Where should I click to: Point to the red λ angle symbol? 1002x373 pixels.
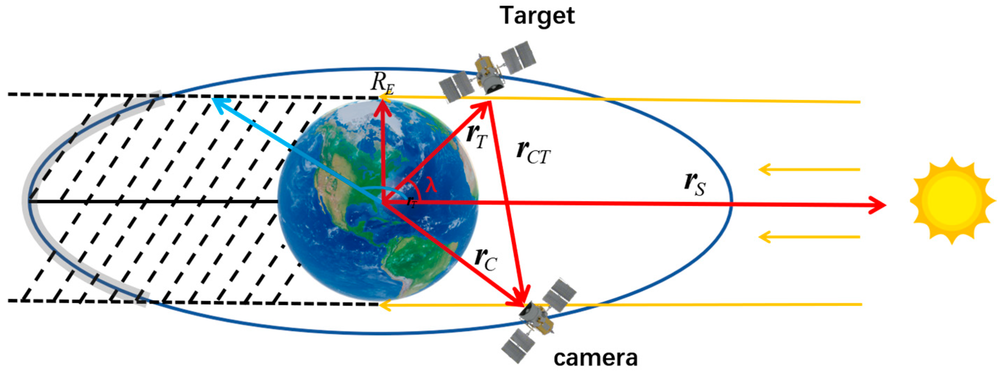click(x=431, y=185)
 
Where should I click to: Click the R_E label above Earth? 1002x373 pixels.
click(x=382, y=84)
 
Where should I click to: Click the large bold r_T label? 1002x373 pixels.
click(x=476, y=137)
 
